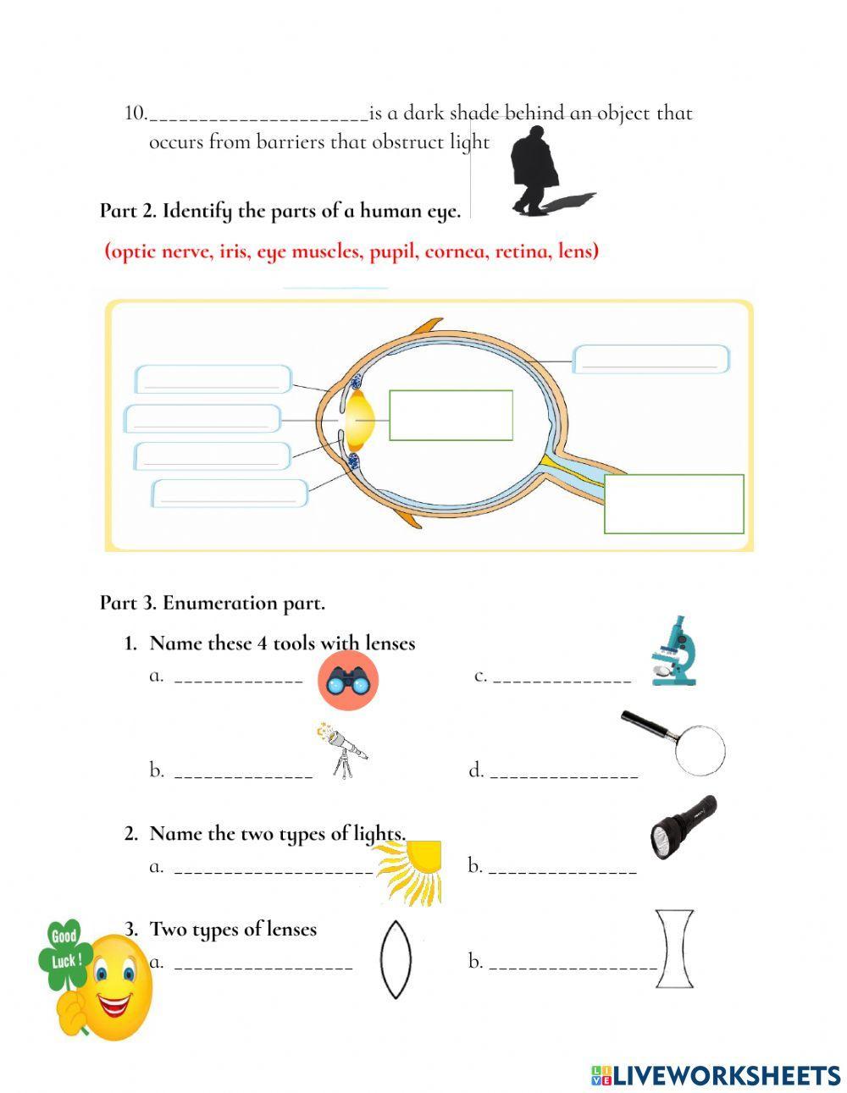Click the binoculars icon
347,681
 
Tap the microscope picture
674,652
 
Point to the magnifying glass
678,742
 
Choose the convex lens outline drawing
395,960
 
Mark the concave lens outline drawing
674,949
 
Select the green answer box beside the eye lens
451,415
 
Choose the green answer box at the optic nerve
673,504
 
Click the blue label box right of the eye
650,359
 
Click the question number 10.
136,113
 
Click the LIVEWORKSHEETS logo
715,1075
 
